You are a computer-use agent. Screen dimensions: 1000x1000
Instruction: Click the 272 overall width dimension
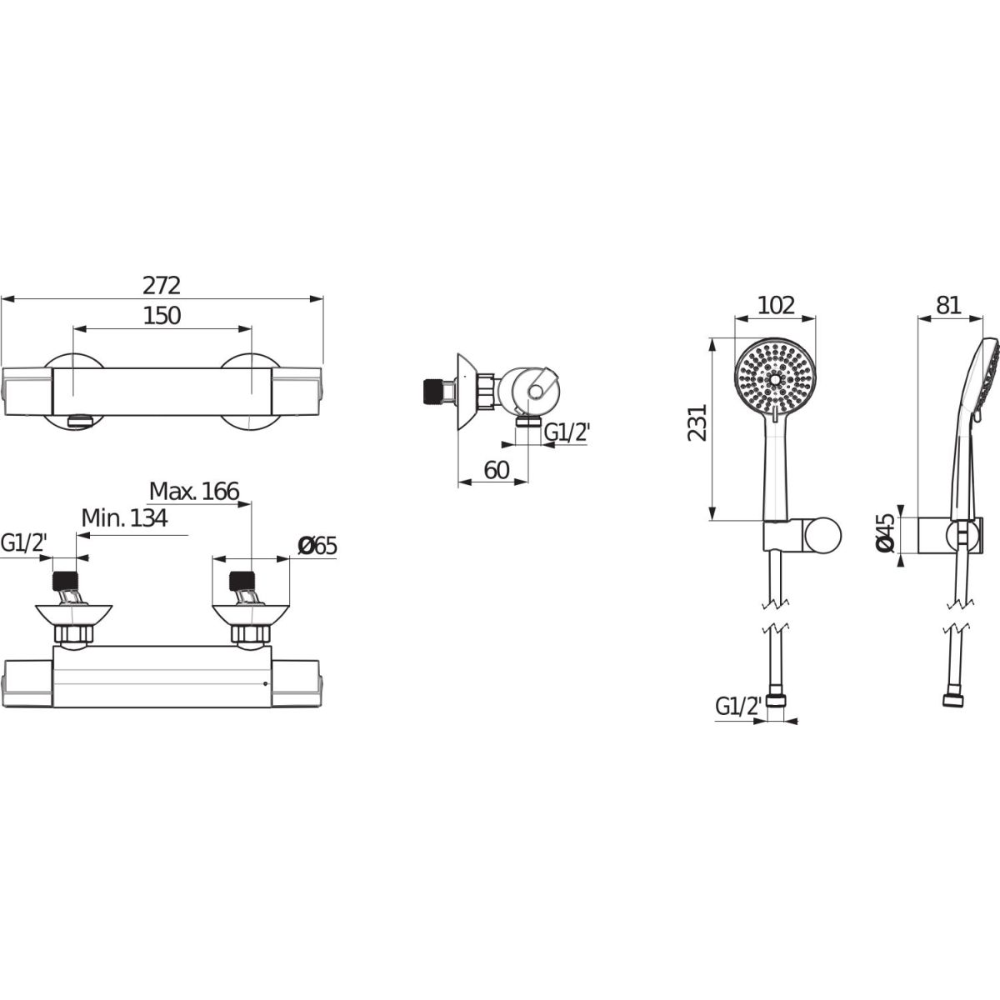tap(162, 286)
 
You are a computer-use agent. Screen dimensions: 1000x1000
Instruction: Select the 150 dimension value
tap(162, 316)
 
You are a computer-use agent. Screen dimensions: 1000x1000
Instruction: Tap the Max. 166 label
tap(194, 491)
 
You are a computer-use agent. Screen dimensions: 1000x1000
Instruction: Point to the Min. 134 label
tap(124, 517)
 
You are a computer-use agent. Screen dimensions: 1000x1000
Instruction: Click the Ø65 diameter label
tap(317, 546)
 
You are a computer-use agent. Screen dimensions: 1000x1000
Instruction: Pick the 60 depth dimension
tap(496, 470)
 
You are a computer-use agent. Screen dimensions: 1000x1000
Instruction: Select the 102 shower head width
tap(777, 306)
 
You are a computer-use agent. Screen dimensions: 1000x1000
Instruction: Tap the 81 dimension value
tap(949, 306)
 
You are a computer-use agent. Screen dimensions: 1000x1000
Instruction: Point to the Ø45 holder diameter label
tap(885, 532)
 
